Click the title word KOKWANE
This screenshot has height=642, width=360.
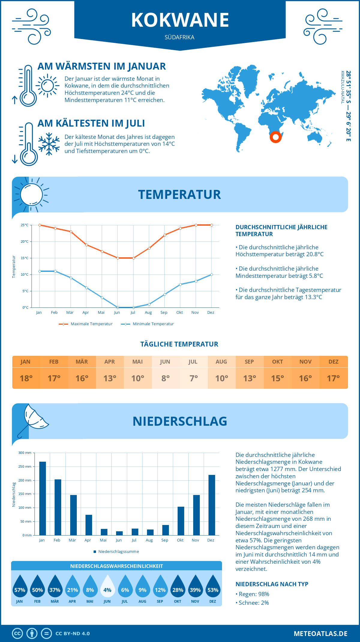click(x=180, y=20)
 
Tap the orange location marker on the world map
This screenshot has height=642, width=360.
click(x=275, y=137)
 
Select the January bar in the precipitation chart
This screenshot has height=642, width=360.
click(x=43, y=498)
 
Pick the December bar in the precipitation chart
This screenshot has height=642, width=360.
click(x=212, y=505)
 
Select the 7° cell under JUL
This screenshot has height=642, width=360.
click(x=193, y=378)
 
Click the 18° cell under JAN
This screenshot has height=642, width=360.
click(x=26, y=378)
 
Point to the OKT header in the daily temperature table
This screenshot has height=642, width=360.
click(x=277, y=362)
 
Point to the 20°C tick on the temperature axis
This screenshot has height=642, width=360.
click(x=25, y=241)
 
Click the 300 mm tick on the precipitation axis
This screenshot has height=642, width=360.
click(x=25, y=453)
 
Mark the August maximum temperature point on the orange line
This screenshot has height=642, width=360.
click(x=149, y=248)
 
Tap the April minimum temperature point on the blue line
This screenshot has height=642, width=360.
click(x=86, y=288)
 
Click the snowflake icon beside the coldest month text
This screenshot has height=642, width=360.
click(x=49, y=144)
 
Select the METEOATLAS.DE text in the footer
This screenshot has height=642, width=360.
click(x=320, y=634)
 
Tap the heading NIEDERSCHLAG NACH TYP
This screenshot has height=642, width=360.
click(x=272, y=584)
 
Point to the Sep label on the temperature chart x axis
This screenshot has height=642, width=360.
click(x=164, y=313)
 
